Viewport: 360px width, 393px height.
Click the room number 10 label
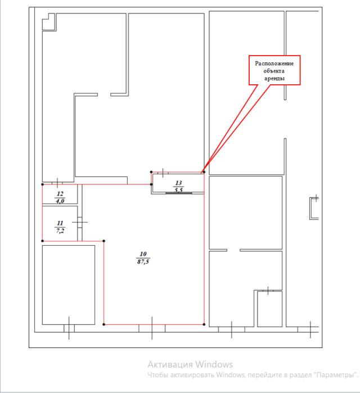pos(143,254)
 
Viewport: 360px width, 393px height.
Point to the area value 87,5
pos(143,261)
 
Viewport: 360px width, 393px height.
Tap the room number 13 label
pos(178,183)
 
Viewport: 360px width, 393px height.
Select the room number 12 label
pos(60,194)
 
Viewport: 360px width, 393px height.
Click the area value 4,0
pos(60,201)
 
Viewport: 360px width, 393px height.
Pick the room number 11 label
pos(60,223)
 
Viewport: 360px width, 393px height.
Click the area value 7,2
pos(60,231)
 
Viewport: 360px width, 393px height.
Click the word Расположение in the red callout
pos(274,64)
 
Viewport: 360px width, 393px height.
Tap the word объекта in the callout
pos(274,71)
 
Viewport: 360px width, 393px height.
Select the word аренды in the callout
pos(274,79)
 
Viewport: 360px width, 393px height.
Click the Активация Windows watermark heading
pos(190,364)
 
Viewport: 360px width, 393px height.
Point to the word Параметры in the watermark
pos(336,375)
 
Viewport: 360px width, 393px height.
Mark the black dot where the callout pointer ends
pos(204,172)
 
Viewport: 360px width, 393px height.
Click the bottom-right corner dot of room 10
pos(204,324)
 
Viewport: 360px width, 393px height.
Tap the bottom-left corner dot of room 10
pos(104,324)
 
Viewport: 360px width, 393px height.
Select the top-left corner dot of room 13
pos(151,172)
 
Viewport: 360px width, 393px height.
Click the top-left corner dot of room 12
pos(42,184)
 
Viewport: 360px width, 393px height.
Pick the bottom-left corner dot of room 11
pos(42,241)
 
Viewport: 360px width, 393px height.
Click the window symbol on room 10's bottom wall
pos(152,328)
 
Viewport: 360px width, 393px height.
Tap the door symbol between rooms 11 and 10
pos(80,222)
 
